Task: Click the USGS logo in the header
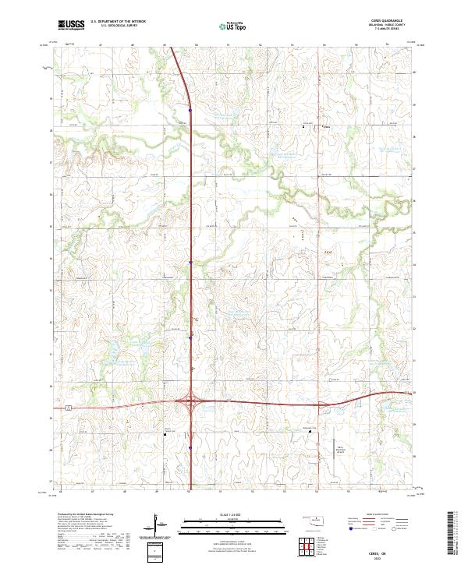[x=71, y=25]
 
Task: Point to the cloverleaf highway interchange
[x=190, y=404]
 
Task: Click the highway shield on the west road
[x=69, y=407]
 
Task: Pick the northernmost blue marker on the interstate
[x=190, y=109]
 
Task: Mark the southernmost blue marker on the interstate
[x=190, y=447]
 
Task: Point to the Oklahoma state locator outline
[x=312, y=521]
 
